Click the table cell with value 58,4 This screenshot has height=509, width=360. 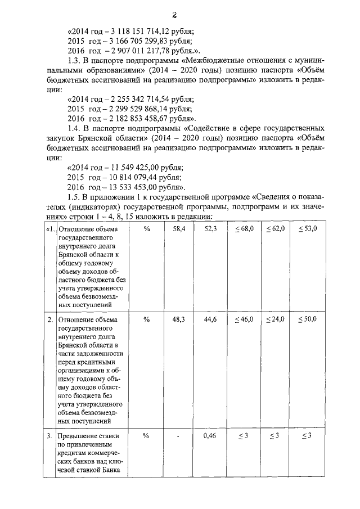pyautogui.click(x=178, y=228)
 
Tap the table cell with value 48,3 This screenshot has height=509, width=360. pyautogui.click(x=178, y=319)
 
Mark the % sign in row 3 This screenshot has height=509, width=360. pyautogui.click(x=147, y=435)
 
